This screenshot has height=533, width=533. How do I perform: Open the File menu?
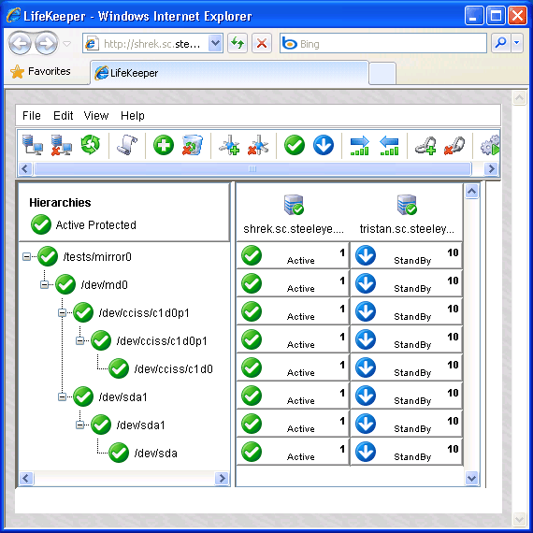(32, 116)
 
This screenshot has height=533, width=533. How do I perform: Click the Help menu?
(133, 116)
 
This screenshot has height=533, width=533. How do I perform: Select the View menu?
(96, 116)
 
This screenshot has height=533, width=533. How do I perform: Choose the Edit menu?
(64, 116)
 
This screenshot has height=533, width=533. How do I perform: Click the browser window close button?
(517, 16)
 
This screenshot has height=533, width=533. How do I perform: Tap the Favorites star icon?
(17, 72)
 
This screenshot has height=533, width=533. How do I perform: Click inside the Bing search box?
(383, 43)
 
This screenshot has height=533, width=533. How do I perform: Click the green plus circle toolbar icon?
(164, 145)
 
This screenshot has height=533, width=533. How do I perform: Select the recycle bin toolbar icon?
(193, 145)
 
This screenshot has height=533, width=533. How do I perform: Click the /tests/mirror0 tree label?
(97, 256)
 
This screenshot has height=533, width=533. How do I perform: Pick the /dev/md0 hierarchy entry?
(105, 284)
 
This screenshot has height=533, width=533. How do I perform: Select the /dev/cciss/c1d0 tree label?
(173, 368)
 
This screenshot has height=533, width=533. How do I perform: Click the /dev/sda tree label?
(155, 454)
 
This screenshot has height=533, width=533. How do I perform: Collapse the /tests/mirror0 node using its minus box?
(26, 256)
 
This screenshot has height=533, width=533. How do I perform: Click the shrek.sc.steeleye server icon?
(294, 205)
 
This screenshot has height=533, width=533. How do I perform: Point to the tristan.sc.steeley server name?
(407, 229)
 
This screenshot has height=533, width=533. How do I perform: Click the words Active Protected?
(96, 225)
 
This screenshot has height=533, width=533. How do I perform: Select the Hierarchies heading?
(60, 203)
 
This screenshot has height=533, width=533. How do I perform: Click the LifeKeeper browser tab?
(229, 73)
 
